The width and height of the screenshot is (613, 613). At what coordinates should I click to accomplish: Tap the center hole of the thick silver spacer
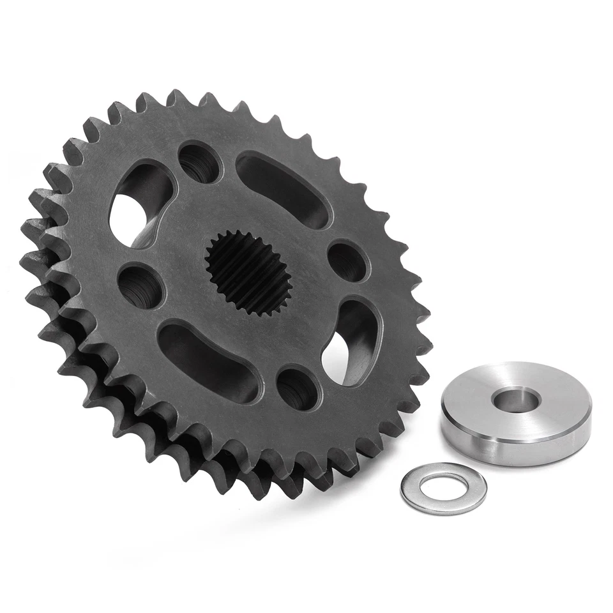(515, 400)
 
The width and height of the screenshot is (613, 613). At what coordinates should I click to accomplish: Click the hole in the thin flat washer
(443, 487)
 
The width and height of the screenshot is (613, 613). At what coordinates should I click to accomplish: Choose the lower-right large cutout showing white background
(349, 338)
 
